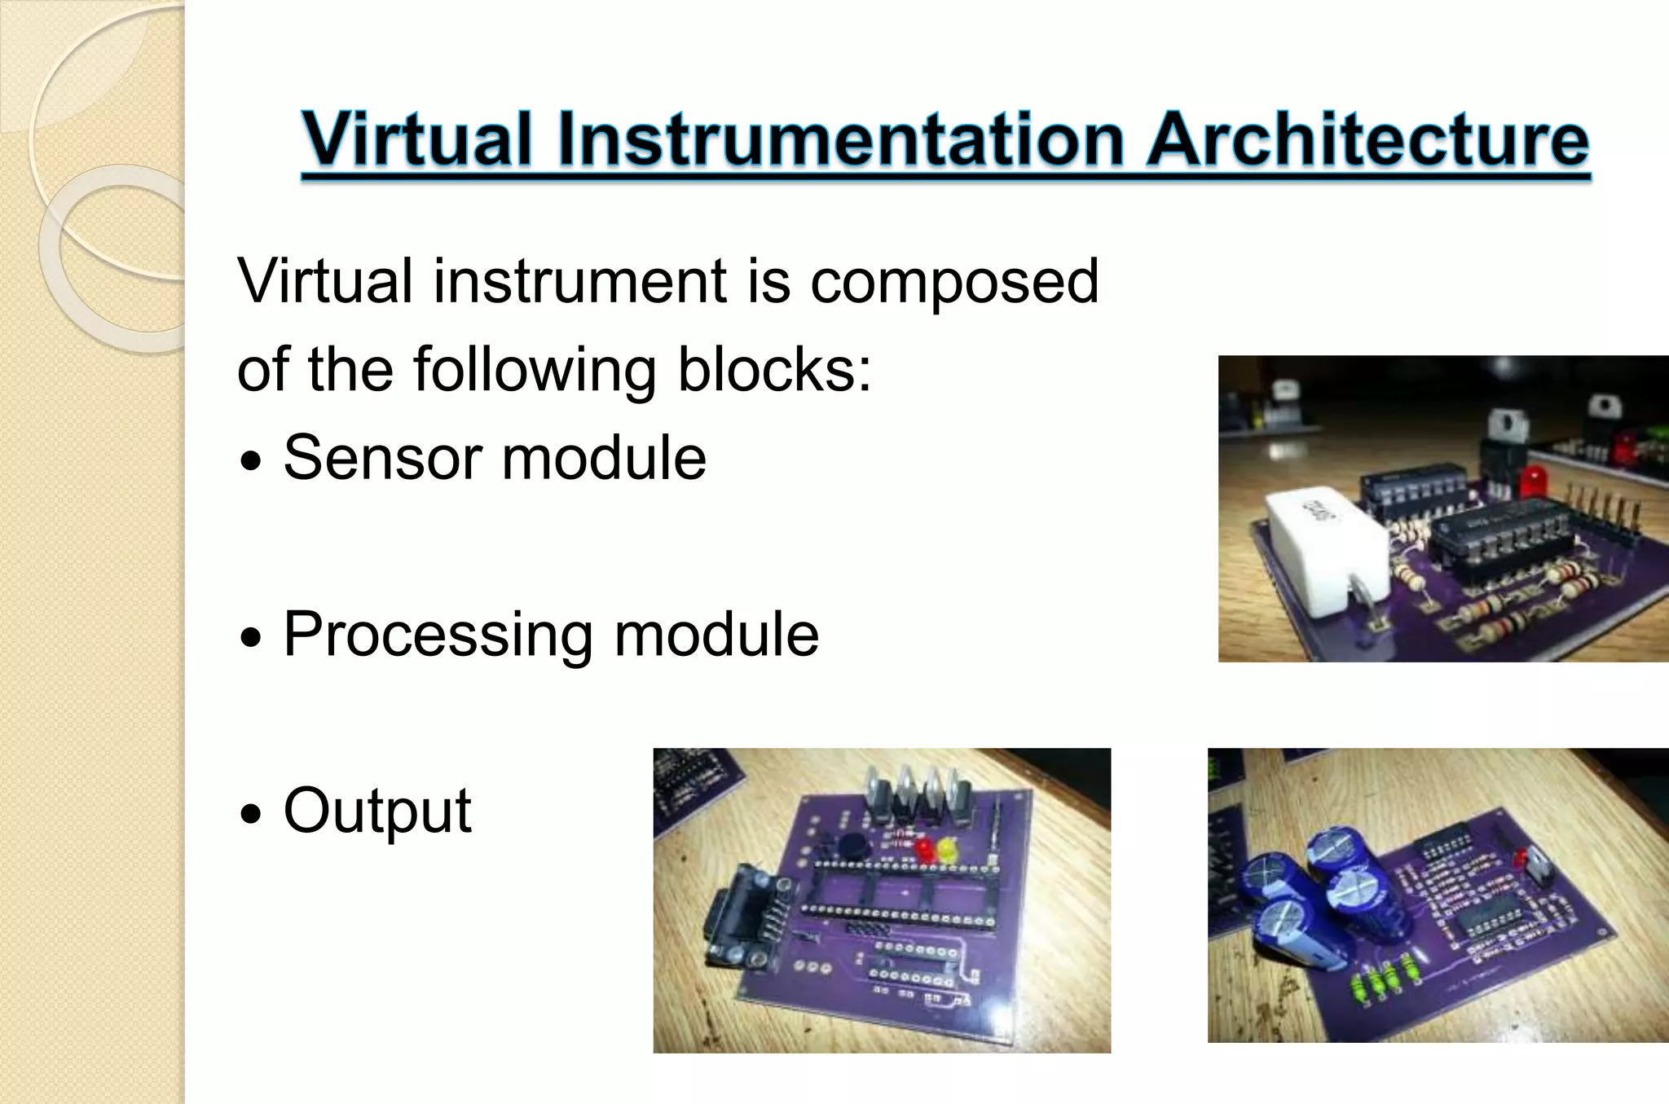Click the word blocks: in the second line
pos(774,370)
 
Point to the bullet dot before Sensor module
pos(253,462)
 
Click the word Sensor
pos(383,458)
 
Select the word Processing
pos(438,636)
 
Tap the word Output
pos(377,811)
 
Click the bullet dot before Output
pos(253,814)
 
